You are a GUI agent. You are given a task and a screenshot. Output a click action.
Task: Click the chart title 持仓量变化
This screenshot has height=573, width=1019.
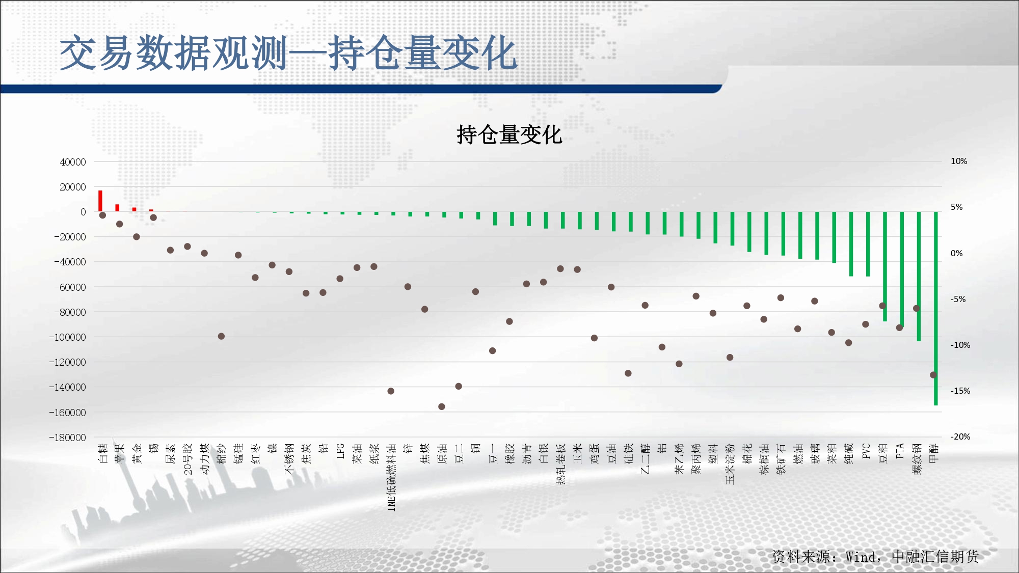click(509, 135)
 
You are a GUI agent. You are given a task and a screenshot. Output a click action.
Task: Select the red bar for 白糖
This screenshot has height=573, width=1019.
click(100, 201)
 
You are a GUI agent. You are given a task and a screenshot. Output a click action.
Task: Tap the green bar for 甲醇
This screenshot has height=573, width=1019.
click(936, 309)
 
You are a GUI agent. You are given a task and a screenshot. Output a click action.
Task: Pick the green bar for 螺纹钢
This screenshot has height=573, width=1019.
click(919, 277)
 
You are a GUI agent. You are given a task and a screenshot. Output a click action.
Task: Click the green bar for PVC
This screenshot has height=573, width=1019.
click(868, 244)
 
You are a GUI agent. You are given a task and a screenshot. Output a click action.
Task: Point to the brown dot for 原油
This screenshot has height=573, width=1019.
click(442, 406)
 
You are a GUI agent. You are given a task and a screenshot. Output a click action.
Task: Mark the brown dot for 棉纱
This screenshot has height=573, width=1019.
click(221, 336)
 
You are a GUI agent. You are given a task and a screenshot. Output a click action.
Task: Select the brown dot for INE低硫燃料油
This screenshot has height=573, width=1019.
click(391, 391)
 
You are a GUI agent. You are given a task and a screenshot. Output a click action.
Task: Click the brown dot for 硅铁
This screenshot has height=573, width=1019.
click(628, 373)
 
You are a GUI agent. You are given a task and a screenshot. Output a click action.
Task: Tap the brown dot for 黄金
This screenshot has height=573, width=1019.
click(137, 237)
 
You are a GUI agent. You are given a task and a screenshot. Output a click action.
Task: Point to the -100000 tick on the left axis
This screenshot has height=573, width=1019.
click(68, 337)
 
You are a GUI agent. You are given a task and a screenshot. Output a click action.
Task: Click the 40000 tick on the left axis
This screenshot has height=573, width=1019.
click(73, 162)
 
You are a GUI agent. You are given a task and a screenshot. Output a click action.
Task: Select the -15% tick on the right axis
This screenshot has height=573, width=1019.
click(960, 391)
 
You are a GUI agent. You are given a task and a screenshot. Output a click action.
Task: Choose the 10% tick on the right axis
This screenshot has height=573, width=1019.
click(959, 161)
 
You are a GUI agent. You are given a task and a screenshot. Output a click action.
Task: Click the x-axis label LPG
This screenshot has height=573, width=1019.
click(340, 451)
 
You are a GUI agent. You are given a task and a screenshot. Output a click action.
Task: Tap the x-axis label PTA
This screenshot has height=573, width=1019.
click(900, 451)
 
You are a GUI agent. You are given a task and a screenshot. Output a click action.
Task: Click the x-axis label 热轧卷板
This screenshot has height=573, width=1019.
click(560, 464)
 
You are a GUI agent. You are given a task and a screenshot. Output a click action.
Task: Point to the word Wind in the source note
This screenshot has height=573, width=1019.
click(861, 557)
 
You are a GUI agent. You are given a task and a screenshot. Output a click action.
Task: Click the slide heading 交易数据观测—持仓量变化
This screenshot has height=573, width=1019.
click(288, 53)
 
